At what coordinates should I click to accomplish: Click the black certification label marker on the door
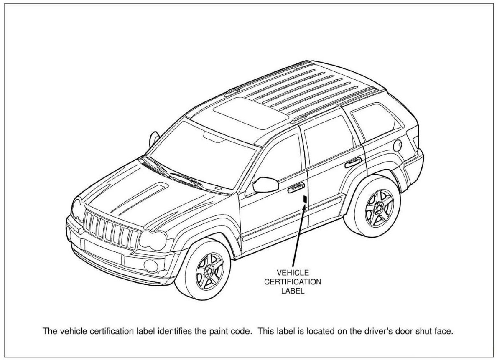[x=306, y=199]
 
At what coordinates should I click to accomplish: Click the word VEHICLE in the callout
[x=293, y=273]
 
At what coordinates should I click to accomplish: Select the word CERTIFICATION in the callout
[x=293, y=282]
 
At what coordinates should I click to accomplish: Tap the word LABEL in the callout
[x=293, y=291]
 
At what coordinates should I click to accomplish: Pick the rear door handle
[x=354, y=161]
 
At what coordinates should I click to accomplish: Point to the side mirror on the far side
[x=155, y=137]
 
